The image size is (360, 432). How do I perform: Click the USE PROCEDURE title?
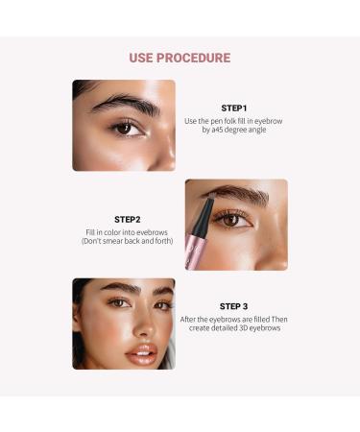click(180, 58)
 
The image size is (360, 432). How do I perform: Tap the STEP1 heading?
click(233, 108)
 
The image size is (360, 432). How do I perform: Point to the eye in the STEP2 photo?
click(231, 220)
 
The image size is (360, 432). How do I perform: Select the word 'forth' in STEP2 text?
click(165, 241)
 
